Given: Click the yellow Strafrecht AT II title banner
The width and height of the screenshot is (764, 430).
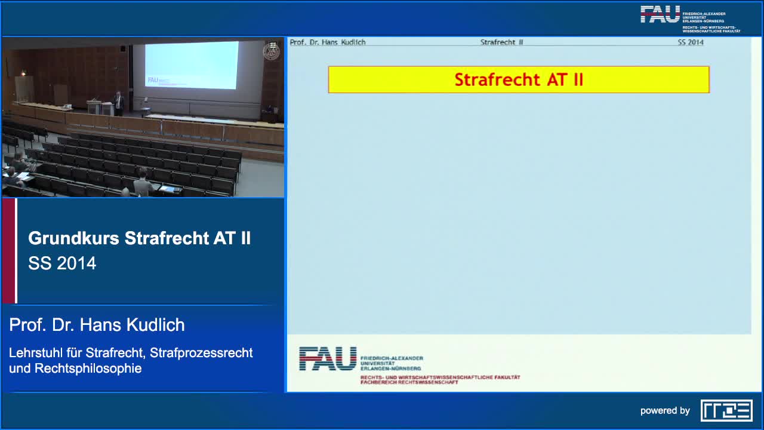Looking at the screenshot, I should pos(518,79).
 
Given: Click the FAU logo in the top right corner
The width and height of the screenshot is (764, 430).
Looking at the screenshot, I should pos(660,14).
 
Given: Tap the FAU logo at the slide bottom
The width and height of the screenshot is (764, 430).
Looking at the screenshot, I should pos(328,358).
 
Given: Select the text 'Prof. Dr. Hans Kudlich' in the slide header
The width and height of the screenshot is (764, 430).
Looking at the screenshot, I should pos(328,42).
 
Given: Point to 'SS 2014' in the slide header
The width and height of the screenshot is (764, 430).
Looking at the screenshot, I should pos(691,42).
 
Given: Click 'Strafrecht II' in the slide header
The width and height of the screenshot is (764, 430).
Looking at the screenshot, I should pos(501,42).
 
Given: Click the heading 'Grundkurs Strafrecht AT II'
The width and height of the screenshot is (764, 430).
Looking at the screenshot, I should pos(139,238).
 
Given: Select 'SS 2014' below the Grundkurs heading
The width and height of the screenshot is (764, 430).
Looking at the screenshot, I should pos(62,263).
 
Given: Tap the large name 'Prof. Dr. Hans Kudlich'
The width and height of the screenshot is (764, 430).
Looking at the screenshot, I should pos(97,325).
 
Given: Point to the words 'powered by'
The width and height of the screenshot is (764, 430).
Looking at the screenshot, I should pos(665,411).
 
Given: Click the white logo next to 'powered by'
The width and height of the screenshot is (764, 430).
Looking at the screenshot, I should pos(726,410).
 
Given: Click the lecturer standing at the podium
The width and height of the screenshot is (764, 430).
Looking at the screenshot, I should pos(118,103).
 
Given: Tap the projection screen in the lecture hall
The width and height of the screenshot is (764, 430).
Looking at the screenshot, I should pos(191,66).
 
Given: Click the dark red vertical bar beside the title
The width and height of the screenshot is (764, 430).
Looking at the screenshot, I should pos(9,251).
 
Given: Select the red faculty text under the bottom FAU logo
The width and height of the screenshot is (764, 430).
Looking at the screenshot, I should pos(440,379).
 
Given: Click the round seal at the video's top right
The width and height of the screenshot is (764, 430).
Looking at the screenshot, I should pos(272,51).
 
